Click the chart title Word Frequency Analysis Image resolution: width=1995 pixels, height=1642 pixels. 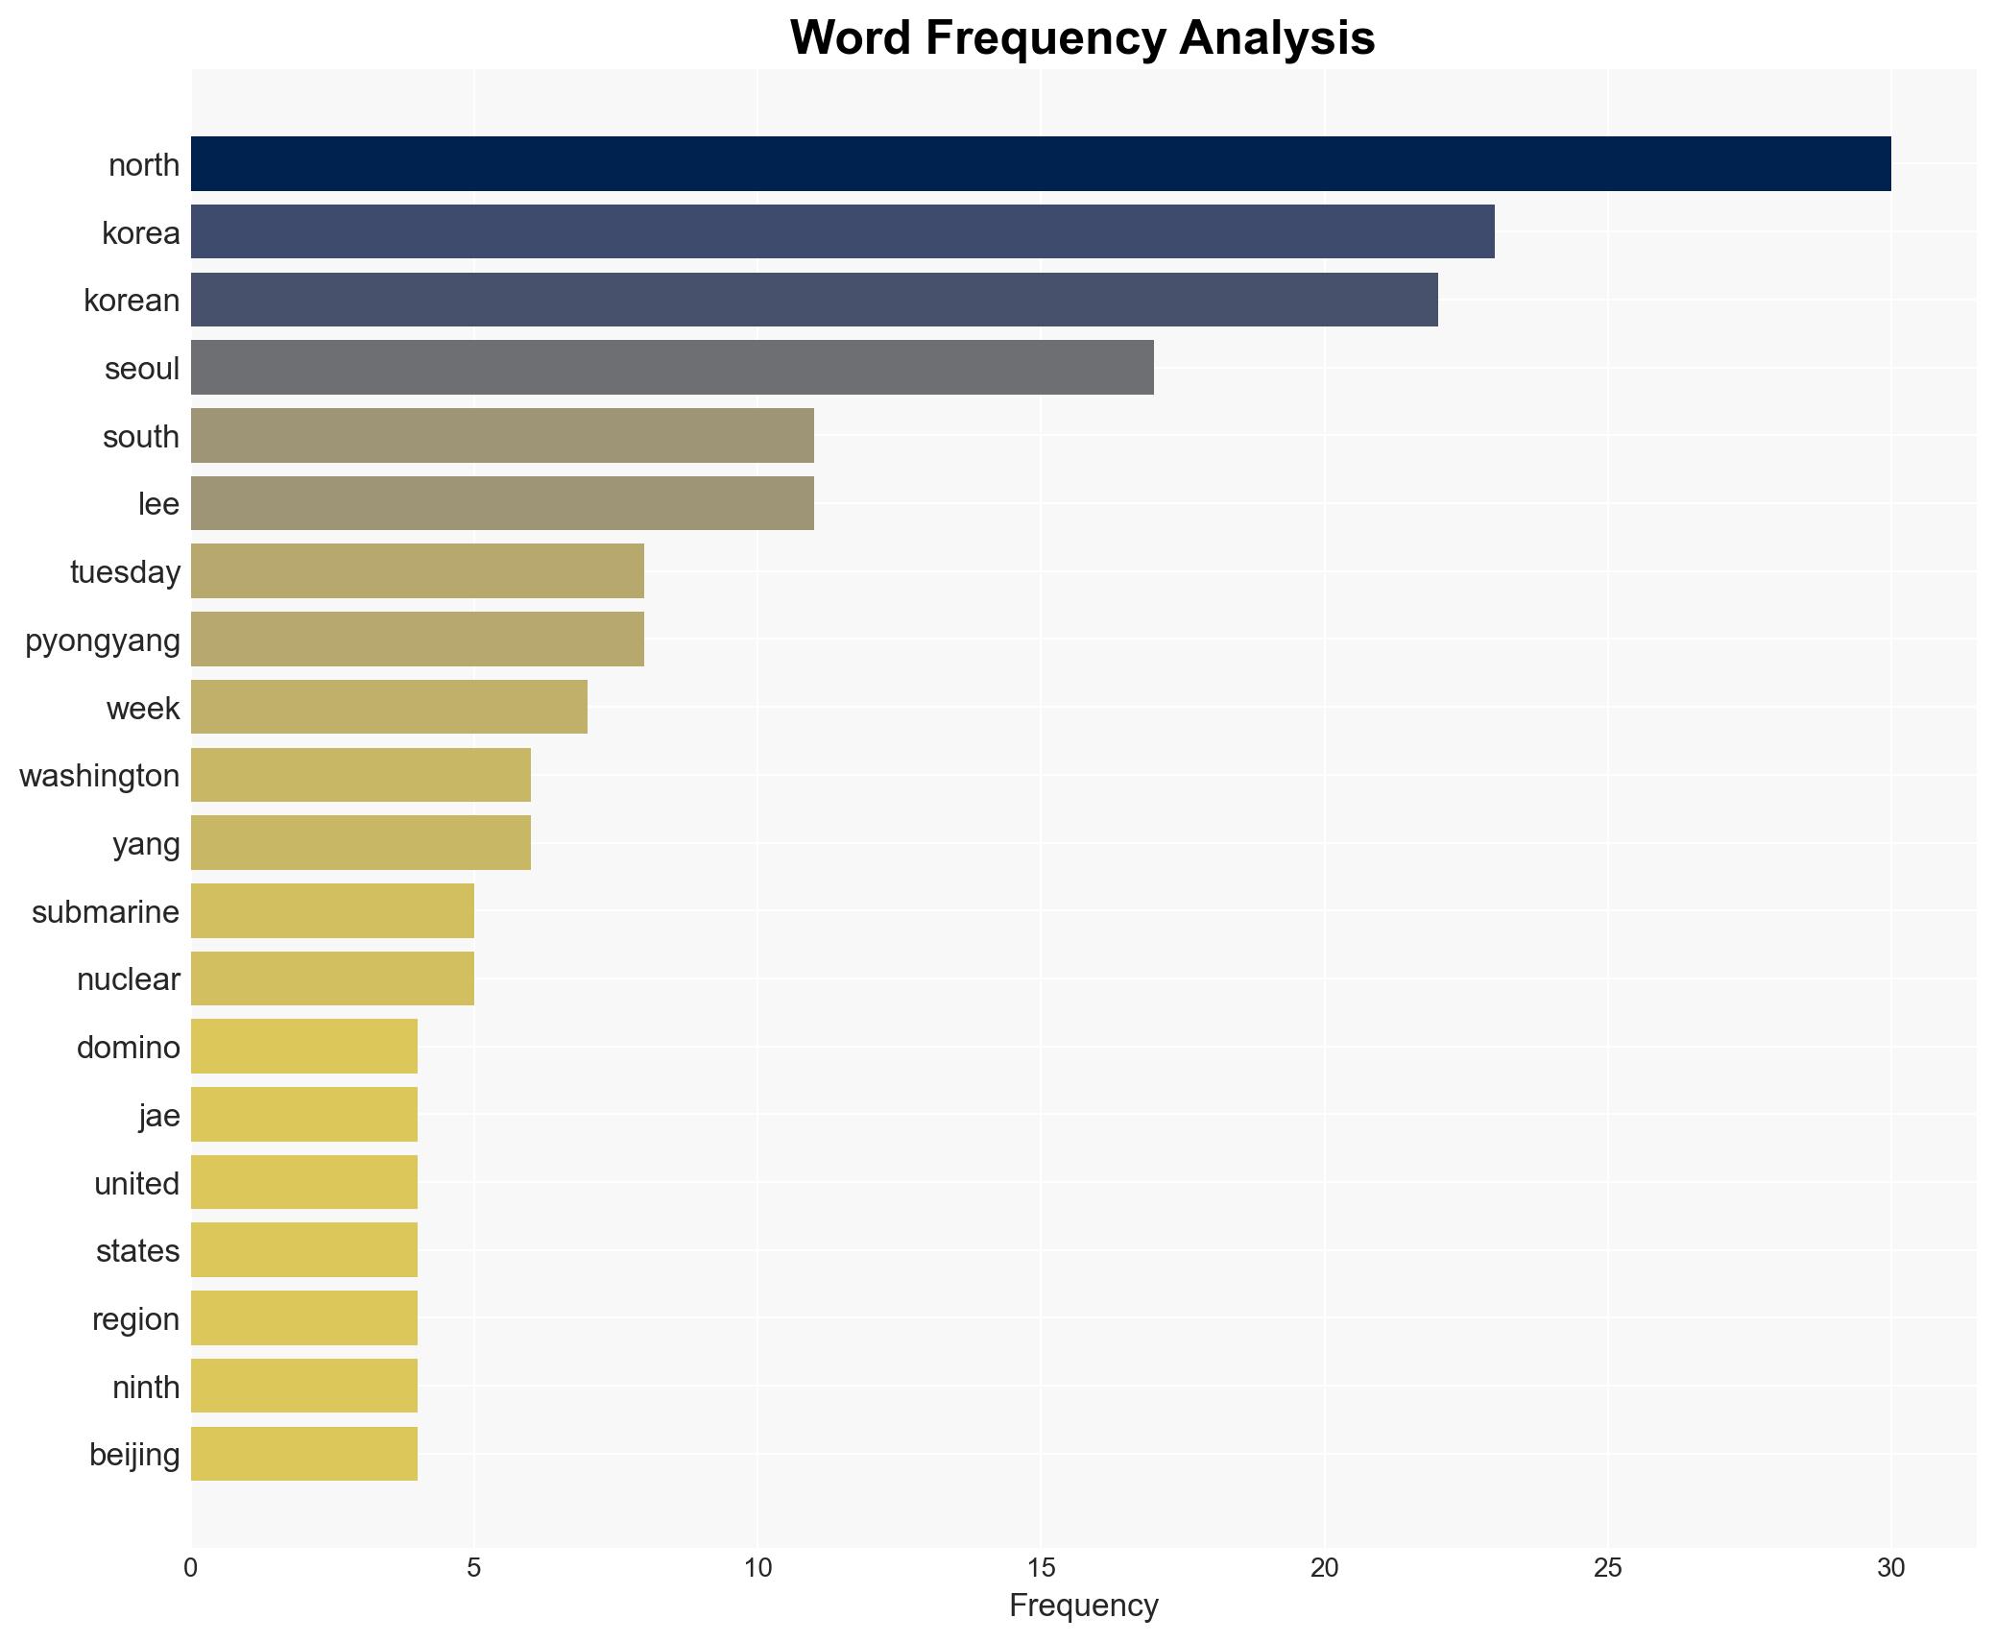click(x=1082, y=38)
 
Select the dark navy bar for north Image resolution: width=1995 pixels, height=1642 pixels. click(x=1040, y=164)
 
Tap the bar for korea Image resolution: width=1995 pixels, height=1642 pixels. click(x=842, y=231)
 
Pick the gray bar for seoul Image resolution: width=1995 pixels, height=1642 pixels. click(x=672, y=368)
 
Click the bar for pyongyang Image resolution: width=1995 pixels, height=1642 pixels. click(x=417, y=640)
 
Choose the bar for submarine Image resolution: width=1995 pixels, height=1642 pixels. click(x=332, y=911)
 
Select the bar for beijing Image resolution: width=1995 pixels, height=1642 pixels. click(x=303, y=1454)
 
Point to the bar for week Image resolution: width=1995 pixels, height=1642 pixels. click(x=389, y=708)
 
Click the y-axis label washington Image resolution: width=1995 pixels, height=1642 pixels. click(x=100, y=776)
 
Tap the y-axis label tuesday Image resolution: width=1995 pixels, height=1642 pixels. click(x=125, y=572)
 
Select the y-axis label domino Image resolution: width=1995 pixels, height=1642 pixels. click(x=129, y=1048)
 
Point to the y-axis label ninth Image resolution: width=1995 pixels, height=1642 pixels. click(x=146, y=1388)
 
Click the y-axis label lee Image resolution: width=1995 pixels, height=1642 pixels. click(x=158, y=504)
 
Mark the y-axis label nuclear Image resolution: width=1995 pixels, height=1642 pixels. click(x=129, y=979)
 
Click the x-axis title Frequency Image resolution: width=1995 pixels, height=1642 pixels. click(x=1083, y=1606)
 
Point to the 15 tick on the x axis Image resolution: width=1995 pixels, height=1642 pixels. click(x=1041, y=1568)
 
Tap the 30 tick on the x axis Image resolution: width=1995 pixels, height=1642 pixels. click(x=1890, y=1568)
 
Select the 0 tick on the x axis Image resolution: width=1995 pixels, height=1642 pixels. click(x=191, y=1568)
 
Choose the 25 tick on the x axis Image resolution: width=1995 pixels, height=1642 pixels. click(x=1607, y=1568)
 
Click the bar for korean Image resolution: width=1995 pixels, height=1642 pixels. click(x=814, y=300)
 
